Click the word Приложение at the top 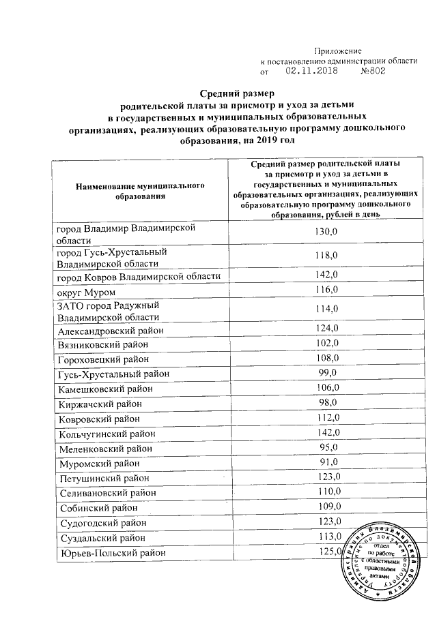(337, 51)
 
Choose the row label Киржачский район (98, 404)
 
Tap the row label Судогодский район (102, 523)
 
